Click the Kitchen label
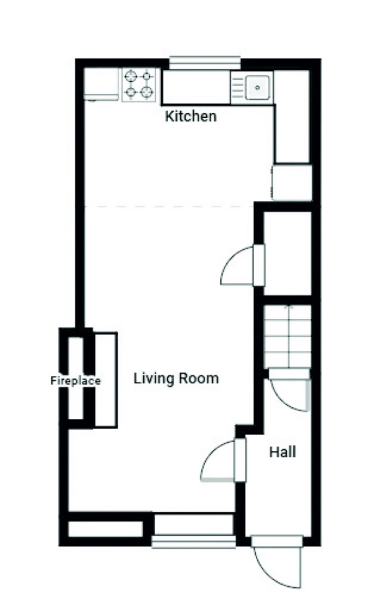(x=191, y=116)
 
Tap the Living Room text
(x=176, y=378)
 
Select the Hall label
(x=282, y=452)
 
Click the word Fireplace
(x=75, y=381)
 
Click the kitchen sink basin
(x=257, y=87)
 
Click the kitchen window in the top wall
(x=205, y=63)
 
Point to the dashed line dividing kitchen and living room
(x=168, y=206)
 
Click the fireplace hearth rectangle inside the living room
(x=106, y=380)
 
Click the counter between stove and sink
(x=196, y=87)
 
